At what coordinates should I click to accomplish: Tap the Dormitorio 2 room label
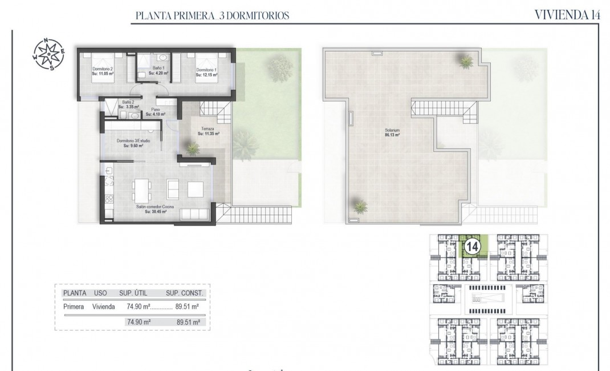tap(103, 71)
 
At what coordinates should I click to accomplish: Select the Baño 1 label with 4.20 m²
tap(157, 71)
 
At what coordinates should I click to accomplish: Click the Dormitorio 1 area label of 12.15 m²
tap(206, 71)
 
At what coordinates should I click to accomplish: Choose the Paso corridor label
tap(155, 112)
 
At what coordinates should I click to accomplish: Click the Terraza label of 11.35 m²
tap(209, 131)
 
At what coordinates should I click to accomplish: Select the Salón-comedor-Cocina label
tap(155, 209)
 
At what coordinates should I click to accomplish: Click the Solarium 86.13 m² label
tap(391, 133)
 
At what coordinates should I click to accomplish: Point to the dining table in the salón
tap(142, 188)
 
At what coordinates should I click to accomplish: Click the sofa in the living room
tap(194, 215)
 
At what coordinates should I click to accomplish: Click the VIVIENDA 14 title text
tap(567, 15)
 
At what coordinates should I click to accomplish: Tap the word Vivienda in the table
tap(103, 307)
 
